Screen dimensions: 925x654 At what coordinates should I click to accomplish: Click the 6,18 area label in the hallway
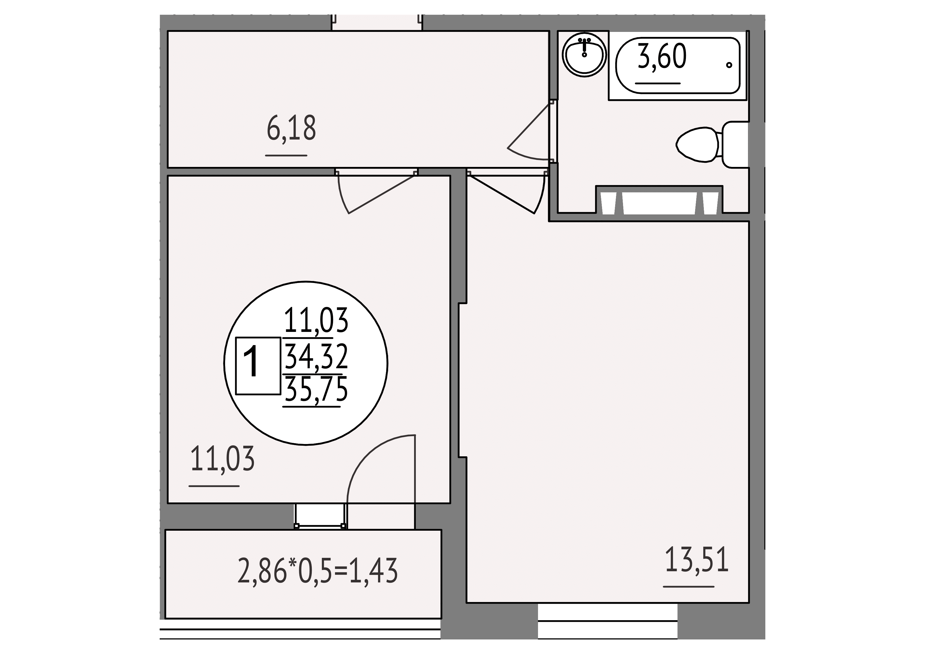(x=291, y=128)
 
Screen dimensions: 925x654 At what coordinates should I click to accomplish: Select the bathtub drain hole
(x=729, y=65)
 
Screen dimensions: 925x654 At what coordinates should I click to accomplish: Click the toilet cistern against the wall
(x=735, y=145)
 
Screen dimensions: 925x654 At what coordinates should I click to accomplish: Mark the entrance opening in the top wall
(x=377, y=23)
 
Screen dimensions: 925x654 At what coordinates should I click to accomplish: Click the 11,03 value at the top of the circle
(x=316, y=321)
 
